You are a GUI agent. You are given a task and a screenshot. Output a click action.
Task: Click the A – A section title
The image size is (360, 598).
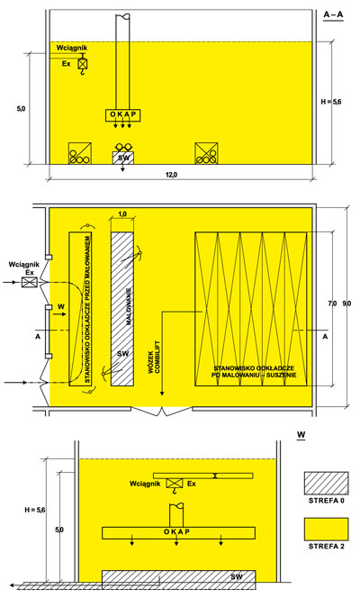pyautogui.click(x=333, y=15)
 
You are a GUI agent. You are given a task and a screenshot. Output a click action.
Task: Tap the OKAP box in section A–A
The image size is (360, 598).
pyautogui.click(x=122, y=115)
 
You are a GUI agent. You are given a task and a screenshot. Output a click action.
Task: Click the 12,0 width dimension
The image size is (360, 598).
pyautogui.click(x=171, y=175)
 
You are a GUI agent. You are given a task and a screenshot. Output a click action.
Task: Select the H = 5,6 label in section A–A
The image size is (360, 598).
pyautogui.click(x=331, y=102)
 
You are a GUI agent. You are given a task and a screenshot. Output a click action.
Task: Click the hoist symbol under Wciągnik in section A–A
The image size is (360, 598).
pyautogui.click(x=83, y=64)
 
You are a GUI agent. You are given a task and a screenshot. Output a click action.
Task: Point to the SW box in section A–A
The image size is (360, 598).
pyautogui.click(x=123, y=158)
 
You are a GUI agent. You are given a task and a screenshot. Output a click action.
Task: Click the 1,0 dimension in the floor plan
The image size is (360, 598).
pyautogui.click(x=122, y=214)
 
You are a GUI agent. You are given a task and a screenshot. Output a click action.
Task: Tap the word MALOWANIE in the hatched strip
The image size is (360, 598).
pyautogui.click(x=129, y=306)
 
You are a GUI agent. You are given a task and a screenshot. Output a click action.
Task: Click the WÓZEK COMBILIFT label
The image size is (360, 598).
pyautogui.click(x=155, y=357)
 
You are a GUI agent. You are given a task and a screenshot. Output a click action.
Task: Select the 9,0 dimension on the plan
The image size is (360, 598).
pyautogui.click(x=346, y=304)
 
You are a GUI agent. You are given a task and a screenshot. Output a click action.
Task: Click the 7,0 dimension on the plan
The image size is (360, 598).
pyautogui.click(x=332, y=304)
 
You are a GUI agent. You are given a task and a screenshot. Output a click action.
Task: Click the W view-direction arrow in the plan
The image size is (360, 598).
pyautogui.click(x=59, y=314)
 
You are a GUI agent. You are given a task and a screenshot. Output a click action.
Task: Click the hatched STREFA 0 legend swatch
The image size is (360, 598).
pyautogui.click(x=326, y=484)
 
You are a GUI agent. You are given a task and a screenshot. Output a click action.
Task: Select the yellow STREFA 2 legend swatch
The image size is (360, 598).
pyautogui.click(x=326, y=529)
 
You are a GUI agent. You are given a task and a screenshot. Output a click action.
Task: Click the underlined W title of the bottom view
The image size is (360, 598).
pyautogui.click(x=301, y=435)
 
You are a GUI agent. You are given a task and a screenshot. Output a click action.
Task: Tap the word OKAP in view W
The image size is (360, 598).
pyautogui.click(x=176, y=531)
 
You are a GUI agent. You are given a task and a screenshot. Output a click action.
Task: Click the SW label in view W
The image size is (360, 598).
pyautogui.click(x=236, y=576)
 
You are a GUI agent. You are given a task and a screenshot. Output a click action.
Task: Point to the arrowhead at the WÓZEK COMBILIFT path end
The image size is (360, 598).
pyautogui.click(x=161, y=393)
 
